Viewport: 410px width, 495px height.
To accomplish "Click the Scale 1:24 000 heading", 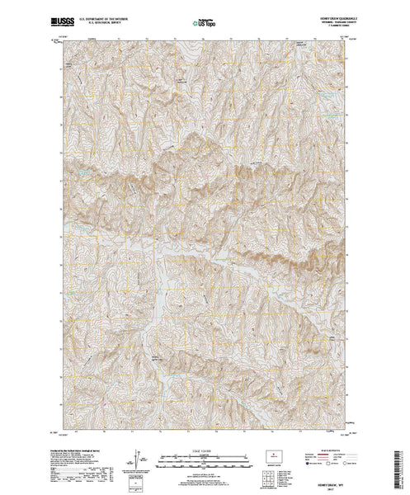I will (x=205, y=445).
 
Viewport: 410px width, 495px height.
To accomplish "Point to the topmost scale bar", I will (x=205, y=450).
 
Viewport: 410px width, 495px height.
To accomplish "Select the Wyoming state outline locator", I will (x=276, y=453).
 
